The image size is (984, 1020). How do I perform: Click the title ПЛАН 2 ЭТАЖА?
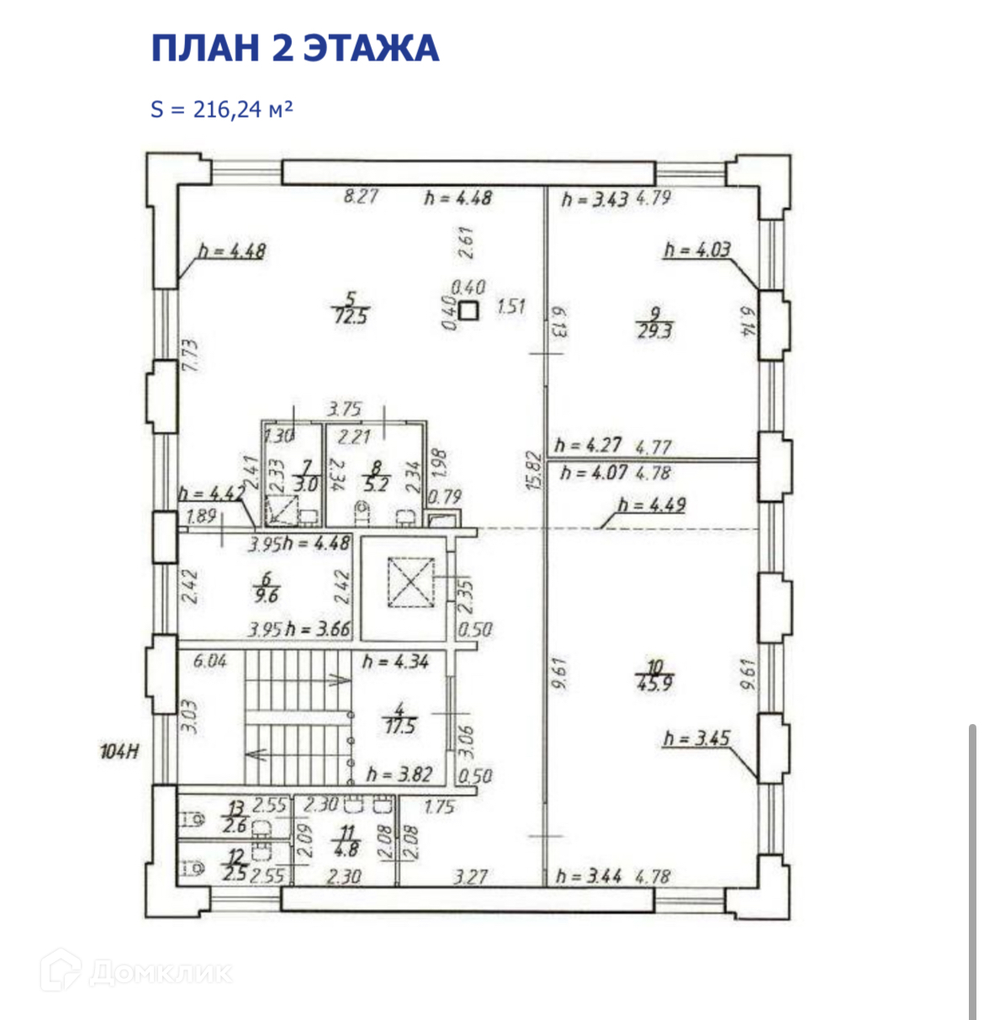pyautogui.click(x=294, y=48)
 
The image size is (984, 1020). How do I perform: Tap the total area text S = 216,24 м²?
pyautogui.click(x=222, y=109)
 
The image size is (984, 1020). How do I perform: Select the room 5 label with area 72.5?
pyautogui.click(x=351, y=308)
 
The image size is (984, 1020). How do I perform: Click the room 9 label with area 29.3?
pyautogui.click(x=654, y=324)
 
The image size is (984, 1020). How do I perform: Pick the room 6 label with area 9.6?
pyautogui.click(x=267, y=588)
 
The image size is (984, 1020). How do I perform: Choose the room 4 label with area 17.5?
pyautogui.click(x=400, y=719)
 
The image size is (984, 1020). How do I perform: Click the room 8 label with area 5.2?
pyautogui.click(x=377, y=477)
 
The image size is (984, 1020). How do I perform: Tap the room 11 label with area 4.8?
pyautogui.click(x=347, y=841)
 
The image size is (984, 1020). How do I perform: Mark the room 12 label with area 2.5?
pyautogui.click(x=236, y=866)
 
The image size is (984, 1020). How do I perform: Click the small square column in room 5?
pyautogui.click(x=468, y=311)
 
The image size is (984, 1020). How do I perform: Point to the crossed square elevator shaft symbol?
pyautogui.click(x=409, y=582)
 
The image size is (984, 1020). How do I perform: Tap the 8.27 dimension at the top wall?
pyautogui.click(x=361, y=197)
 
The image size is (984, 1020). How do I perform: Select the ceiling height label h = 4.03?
pyautogui.click(x=697, y=250)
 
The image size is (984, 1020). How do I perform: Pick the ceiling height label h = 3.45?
pyautogui.click(x=696, y=739)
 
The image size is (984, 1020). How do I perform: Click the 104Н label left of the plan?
pyautogui.click(x=120, y=752)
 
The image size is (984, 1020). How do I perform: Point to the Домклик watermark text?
pyautogui.click(x=160, y=973)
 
